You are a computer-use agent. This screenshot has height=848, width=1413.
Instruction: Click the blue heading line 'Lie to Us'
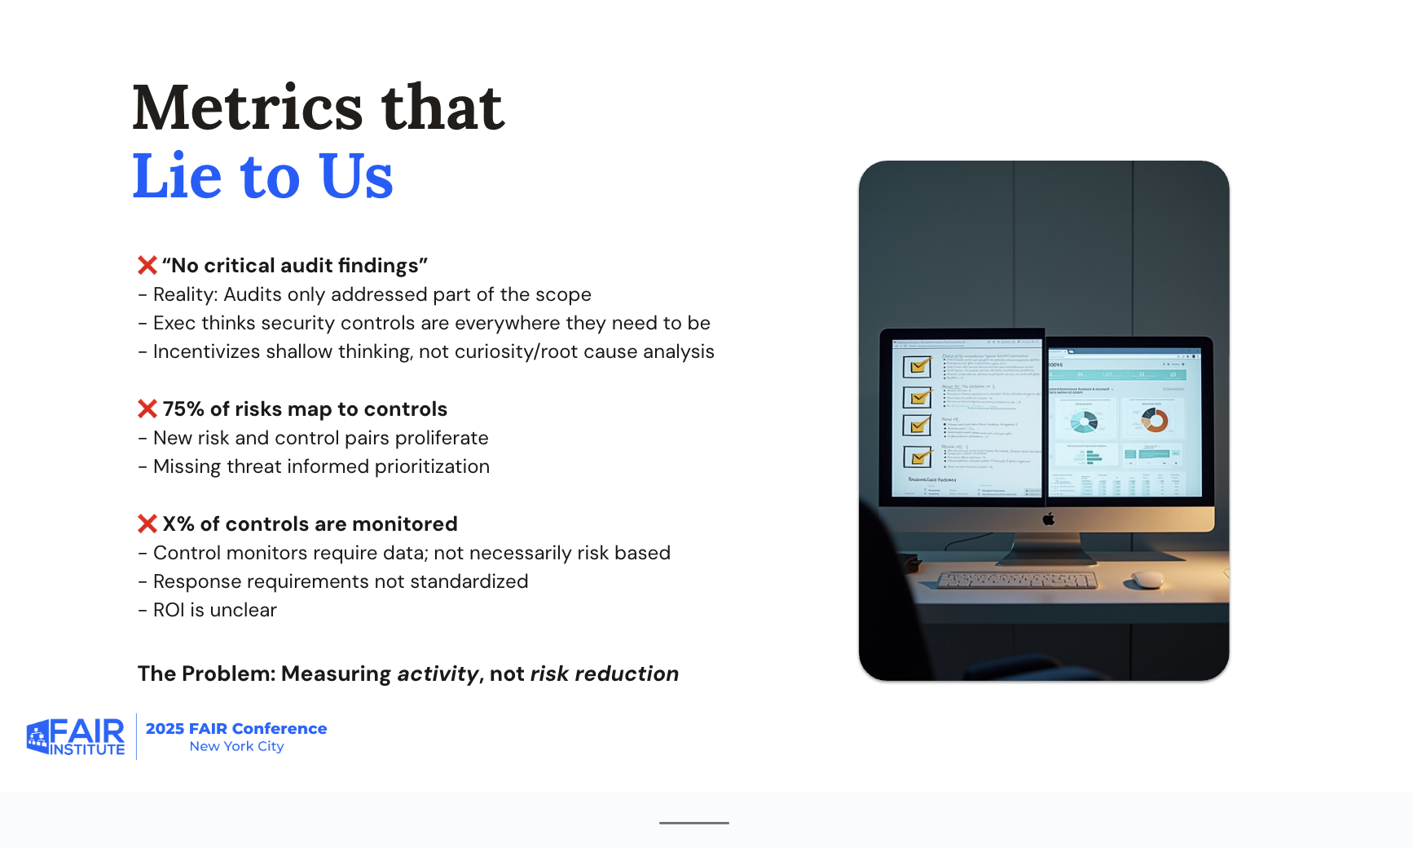262,176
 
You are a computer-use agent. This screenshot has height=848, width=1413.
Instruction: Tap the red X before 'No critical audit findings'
147,266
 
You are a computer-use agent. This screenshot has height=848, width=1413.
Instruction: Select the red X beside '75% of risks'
147,409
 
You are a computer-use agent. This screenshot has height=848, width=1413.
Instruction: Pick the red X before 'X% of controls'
147,523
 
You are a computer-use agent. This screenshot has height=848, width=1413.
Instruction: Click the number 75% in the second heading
183,409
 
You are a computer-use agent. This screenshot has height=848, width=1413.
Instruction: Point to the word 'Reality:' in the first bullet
185,294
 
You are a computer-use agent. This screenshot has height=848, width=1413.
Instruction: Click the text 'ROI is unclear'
214,610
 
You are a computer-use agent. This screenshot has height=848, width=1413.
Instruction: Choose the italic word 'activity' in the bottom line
438,674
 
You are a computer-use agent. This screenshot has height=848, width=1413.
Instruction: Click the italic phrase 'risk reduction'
604,674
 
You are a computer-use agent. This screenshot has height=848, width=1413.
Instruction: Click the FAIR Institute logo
76,737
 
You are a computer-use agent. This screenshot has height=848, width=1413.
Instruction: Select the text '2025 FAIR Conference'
236,728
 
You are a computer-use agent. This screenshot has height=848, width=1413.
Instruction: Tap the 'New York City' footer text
236,746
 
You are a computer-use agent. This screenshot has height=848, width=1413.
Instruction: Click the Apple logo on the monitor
1049,519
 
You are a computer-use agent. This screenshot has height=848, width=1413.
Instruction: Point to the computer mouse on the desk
1147,580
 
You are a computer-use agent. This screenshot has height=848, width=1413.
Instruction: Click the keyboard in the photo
1017,581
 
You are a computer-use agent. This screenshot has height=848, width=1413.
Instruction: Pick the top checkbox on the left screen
918,367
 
